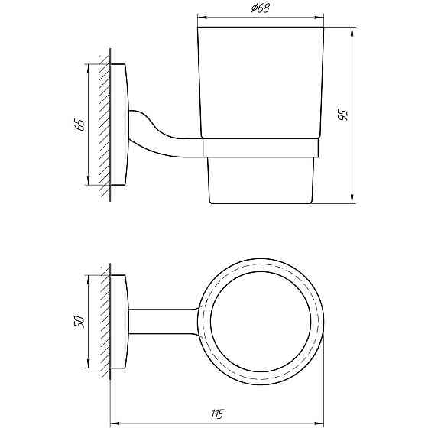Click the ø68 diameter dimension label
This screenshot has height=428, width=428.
pyautogui.click(x=259, y=8)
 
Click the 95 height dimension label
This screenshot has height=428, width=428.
pyautogui.click(x=344, y=116)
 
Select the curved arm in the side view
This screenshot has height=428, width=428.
pyautogui.click(x=153, y=138)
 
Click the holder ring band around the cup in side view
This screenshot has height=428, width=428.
pyautogui.click(x=260, y=148)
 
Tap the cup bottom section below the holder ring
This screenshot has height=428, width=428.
pyautogui.click(x=260, y=180)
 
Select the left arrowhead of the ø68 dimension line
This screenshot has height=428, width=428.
pyautogui.click(x=201, y=16)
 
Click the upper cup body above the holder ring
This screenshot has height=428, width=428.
pyautogui.click(x=260, y=84)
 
